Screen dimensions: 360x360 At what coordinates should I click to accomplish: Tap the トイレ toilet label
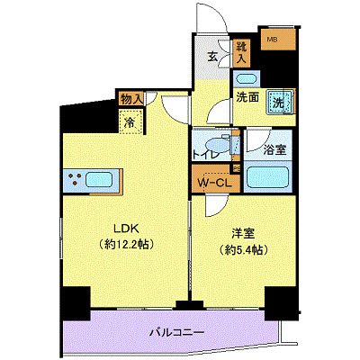click(206, 154)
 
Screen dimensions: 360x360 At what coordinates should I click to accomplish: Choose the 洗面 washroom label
click(248, 97)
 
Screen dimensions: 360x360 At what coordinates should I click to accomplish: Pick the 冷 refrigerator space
click(131, 122)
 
